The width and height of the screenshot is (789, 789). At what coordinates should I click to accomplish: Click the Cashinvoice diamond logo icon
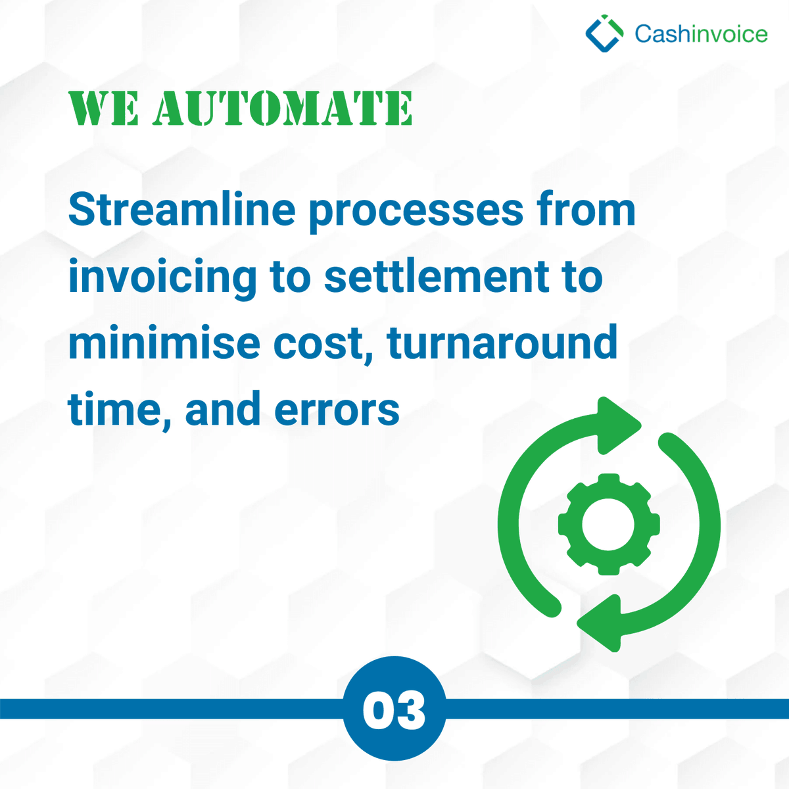click(x=604, y=34)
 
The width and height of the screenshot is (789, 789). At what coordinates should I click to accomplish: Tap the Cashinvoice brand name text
click(x=701, y=34)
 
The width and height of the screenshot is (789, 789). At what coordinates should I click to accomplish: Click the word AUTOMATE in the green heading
click(x=283, y=108)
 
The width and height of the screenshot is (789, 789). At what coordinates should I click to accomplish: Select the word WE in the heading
click(x=104, y=108)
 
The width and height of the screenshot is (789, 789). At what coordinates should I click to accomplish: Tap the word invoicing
click(x=162, y=277)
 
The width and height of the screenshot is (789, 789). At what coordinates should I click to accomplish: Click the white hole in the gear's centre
click(x=608, y=525)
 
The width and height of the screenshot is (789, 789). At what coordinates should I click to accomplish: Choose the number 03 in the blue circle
click(x=394, y=710)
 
